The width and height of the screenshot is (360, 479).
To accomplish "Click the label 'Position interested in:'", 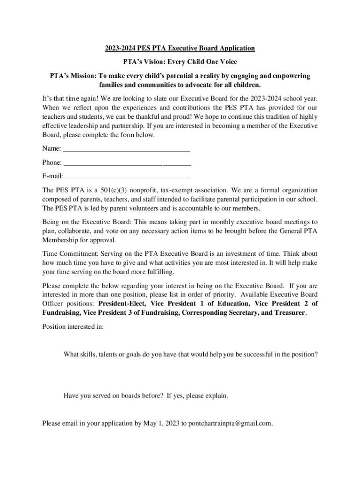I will coord(73,327).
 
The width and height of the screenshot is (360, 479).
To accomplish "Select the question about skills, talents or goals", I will coord(191,354).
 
